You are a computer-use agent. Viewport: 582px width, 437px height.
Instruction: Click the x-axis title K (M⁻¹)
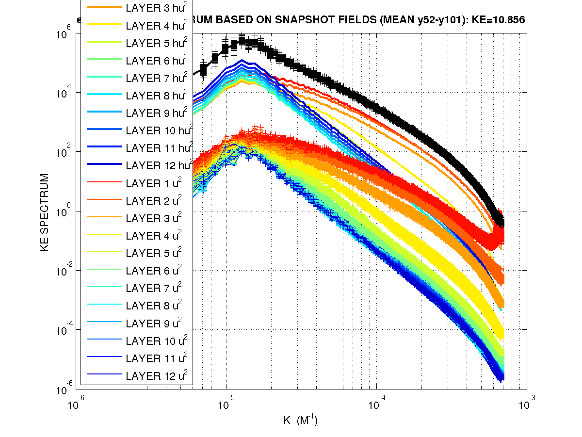301,420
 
